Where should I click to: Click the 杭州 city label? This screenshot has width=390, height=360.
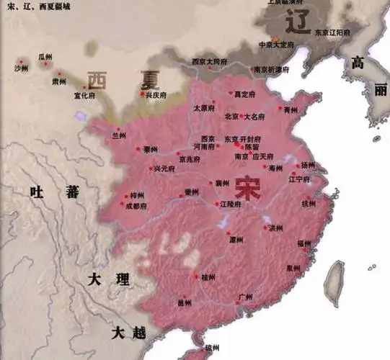tap(309, 204)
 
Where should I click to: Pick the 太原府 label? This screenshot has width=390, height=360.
tap(204, 107)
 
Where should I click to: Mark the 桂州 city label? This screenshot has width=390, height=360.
tap(208, 276)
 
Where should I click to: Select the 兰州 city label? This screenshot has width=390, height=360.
tap(119, 135)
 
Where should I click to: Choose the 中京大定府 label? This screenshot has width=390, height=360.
tap(277, 44)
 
